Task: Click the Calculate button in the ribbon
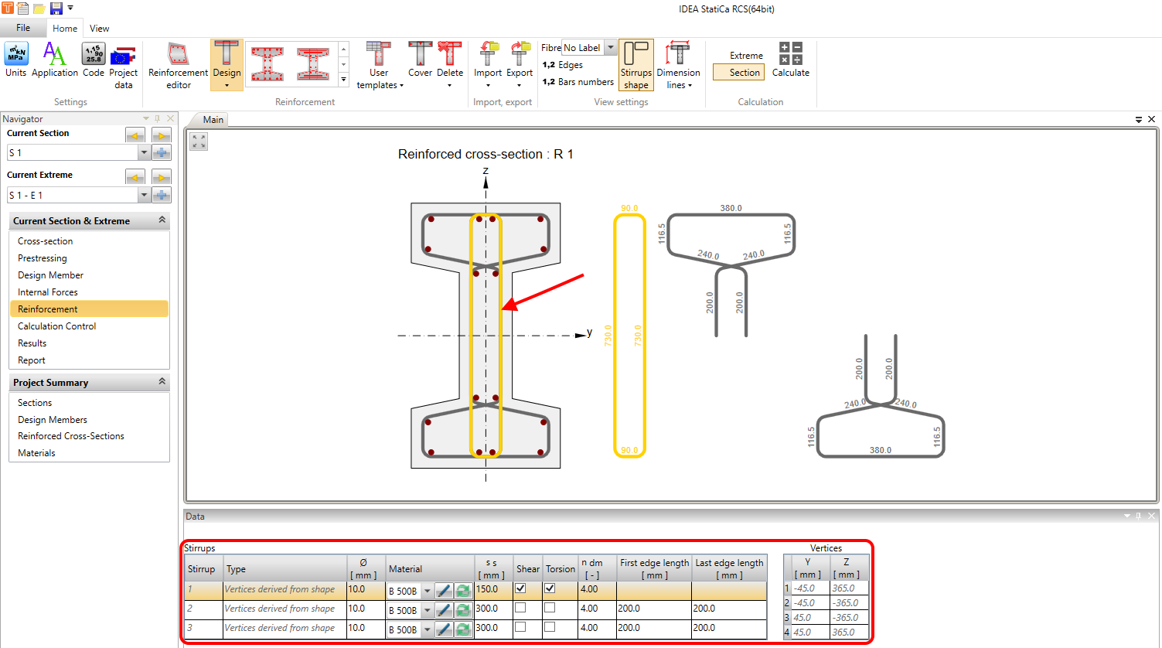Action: (x=790, y=60)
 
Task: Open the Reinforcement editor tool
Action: (x=178, y=65)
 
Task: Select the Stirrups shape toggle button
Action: (x=636, y=65)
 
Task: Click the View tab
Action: (x=99, y=29)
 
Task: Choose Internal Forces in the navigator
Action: (x=48, y=292)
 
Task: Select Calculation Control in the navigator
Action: (x=57, y=326)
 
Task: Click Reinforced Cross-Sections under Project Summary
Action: (x=71, y=436)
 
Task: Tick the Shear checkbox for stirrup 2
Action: (x=520, y=609)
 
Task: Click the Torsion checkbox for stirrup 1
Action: (x=550, y=588)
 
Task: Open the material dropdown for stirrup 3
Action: (x=427, y=630)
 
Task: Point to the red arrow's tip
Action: (x=503, y=309)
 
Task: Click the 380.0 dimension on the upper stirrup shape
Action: (x=731, y=208)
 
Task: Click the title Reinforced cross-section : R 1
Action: (x=486, y=155)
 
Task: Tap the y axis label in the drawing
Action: (x=589, y=333)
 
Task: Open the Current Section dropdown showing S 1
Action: (x=144, y=153)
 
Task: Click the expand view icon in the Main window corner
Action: (x=199, y=142)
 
